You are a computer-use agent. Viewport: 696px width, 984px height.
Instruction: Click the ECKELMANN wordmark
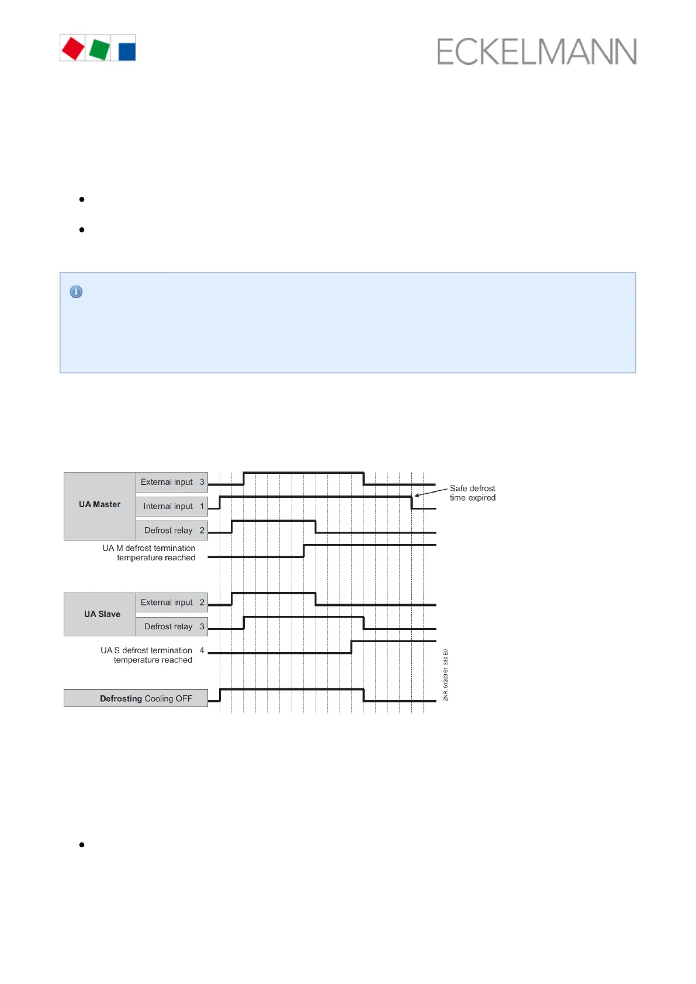click(x=536, y=52)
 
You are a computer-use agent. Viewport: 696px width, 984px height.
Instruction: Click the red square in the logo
click(x=73, y=48)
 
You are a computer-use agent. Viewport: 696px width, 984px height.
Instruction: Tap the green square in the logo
click(x=99, y=49)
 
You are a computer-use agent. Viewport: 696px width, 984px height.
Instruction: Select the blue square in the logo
click(x=127, y=51)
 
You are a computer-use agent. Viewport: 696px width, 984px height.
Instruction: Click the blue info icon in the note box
click(x=76, y=292)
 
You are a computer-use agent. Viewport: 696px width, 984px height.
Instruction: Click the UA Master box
click(x=100, y=505)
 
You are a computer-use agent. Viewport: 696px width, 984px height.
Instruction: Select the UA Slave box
click(x=102, y=614)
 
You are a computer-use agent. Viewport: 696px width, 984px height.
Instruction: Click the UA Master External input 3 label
click(x=172, y=482)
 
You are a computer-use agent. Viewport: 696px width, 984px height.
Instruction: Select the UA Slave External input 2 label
click(x=172, y=602)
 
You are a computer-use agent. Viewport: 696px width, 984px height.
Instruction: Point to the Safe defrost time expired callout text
click(x=472, y=493)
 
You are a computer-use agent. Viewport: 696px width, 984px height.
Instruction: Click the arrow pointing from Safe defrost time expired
click(x=431, y=492)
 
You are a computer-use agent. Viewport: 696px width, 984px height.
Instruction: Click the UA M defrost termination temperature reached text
click(x=150, y=553)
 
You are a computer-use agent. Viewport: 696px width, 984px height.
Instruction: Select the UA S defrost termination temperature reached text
click(x=147, y=655)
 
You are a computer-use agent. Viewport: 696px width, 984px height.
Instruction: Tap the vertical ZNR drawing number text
click(x=445, y=675)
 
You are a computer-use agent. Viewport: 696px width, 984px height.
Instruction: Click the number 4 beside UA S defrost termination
click(x=202, y=650)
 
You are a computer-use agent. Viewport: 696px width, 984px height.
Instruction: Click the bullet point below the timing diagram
click(x=82, y=844)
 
